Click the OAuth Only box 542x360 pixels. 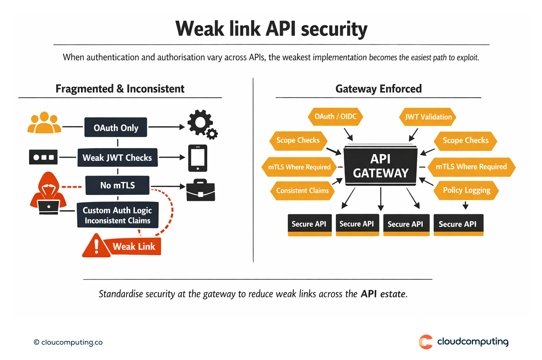click(x=116, y=127)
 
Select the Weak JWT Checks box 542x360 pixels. click(x=117, y=157)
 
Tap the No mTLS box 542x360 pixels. click(x=117, y=185)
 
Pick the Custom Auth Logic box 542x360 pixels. click(x=118, y=215)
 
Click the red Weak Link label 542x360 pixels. click(x=133, y=247)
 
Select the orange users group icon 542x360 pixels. click(x=44, y=123)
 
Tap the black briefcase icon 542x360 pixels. click(x=200, y=190)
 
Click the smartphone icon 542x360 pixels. click(x=198, y=158)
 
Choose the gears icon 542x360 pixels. click(x=202, y=124)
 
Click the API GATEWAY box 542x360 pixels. click(x=380, y=166)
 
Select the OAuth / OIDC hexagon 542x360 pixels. click(x=335, y=117)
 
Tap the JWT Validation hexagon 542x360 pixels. click(x=428, y=117)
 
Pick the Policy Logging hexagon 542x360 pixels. click(x=466, y=190)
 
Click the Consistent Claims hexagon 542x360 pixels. click(x=302, y=191)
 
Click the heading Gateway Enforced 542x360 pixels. click(x=378, y=89)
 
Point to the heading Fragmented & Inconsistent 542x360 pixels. click(x=120, y=89)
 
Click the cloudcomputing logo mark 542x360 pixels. click(x=425, y=341)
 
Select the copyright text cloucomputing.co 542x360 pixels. click(x=68, y=342)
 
